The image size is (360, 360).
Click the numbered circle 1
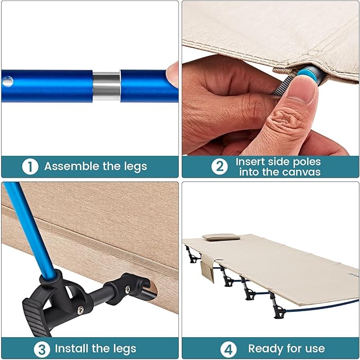(x=30, y=166)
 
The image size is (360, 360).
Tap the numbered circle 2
(x=219, y=166)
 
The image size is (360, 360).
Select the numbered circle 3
(x=42, y=349)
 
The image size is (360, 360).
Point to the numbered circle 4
(x=228, y=349)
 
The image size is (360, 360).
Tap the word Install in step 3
(x=72, y=348)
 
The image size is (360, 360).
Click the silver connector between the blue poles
(x=107, y=86)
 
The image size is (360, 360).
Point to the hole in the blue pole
(x=8, y=82)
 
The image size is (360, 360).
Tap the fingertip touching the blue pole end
(x=172, y=75)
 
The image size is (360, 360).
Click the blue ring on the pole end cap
(x=307, y=75)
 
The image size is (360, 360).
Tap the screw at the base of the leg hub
(x=81, y=310)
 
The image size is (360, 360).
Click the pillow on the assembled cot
(x=221, y=237)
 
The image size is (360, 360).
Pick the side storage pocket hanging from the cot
(x=208, y=268)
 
